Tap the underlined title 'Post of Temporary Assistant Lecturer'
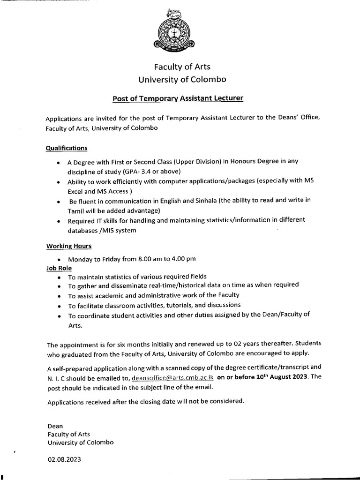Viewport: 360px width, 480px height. [x=178, y=98]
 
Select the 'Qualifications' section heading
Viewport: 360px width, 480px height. [x=66, y=148]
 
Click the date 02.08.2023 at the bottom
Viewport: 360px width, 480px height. [x=64, y=460]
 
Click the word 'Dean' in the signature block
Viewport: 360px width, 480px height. [x=55, y=426]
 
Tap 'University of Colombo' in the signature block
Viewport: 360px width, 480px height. [x=80, y=442]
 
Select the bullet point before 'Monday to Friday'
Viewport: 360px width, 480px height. [x=58, y=259]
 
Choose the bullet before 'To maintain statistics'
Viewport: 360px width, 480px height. [x=58, y=277]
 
